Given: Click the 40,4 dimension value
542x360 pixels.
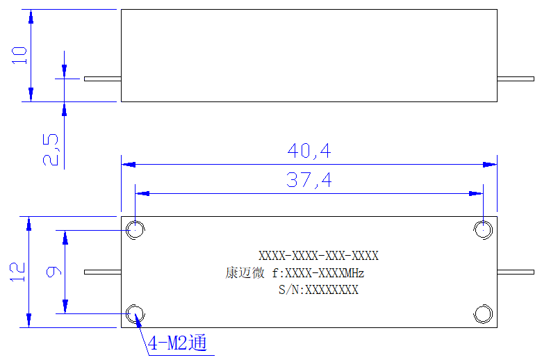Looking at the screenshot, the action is tap(309, 151).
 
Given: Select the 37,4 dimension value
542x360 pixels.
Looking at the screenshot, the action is tap(309, 180).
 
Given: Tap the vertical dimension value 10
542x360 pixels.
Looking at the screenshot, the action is tap(19, 56).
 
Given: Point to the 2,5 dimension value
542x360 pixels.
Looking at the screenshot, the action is tap(51, 149).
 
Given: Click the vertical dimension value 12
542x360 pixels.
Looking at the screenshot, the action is tap(17, 272).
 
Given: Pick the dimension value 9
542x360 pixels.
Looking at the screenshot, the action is tap(54, 272).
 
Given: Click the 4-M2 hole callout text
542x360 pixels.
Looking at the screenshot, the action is tap(177, 343).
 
